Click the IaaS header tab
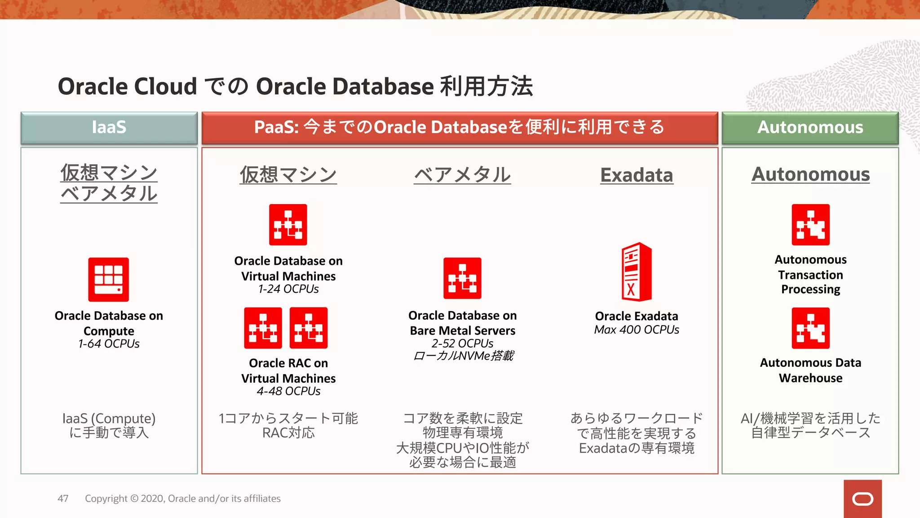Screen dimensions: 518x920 109,128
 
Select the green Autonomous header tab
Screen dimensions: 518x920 810,128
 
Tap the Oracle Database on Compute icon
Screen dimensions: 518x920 108,279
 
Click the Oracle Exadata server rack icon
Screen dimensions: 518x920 636,272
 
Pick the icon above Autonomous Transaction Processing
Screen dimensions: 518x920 810,225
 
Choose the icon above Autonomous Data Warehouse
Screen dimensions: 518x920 810,328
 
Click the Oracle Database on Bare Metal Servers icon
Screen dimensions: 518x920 462,278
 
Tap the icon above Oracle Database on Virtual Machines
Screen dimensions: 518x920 288,225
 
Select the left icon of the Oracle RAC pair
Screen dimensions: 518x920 263,328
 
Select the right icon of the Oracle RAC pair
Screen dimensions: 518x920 309,328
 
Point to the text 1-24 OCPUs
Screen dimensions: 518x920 288,289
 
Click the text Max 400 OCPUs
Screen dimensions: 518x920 637,330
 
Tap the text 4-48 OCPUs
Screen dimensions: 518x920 288,391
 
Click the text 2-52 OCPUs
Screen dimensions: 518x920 462,344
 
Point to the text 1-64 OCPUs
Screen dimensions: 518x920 109,344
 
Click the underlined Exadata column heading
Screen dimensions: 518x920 637,175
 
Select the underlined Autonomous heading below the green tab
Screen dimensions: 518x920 810,174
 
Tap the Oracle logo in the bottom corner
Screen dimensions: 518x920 862,499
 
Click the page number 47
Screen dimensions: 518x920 63,499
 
